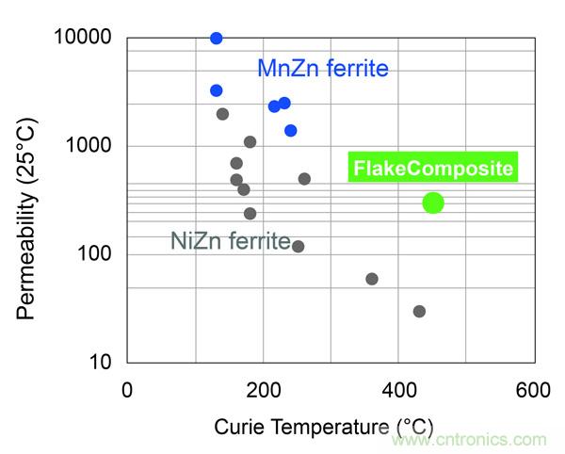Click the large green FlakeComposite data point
coord(432,203)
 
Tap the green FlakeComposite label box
coord(433,170)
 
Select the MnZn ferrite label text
coord(323,69)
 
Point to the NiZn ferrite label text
coord(231,241)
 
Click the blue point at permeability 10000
coord(216,38)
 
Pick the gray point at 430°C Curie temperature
coord(419,311)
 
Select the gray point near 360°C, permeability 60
coord(371,279)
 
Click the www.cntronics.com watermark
coord(468,440)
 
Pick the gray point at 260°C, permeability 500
coord(304,179)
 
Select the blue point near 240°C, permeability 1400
coord(291,130)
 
